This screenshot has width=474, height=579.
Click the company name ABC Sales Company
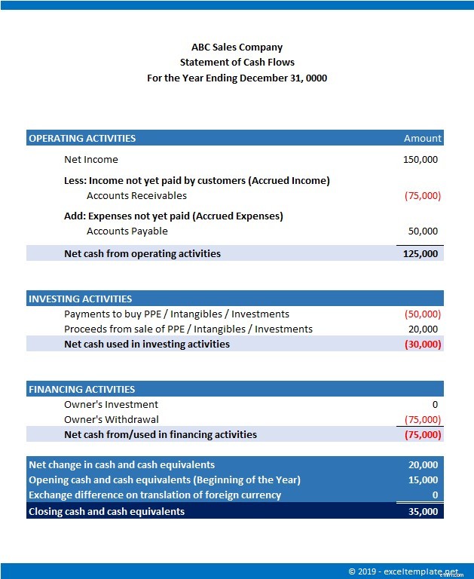pos(237,47)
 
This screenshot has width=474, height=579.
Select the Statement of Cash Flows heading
pos(237,63)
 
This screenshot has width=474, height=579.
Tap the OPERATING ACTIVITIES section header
pos(82,138)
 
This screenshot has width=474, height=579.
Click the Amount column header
pos(422,138)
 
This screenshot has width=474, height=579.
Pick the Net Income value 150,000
pos(420,159)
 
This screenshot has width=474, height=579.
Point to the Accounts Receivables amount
pos(422,195)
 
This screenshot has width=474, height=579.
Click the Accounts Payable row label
pos(127,231)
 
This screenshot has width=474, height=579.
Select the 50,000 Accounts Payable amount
pos(423,231)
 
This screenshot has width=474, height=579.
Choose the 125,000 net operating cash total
pos(420,253)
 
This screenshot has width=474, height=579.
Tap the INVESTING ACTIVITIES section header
pos(80,299)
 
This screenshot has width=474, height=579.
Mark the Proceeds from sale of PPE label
pos(188,329)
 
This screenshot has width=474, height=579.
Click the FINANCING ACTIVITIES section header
pos(81,389)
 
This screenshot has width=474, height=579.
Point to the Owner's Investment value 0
pos(435,404)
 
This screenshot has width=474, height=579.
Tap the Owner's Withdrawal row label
pos(111,419)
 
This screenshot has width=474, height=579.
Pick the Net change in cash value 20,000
pos(423,464)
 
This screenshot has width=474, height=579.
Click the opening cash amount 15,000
pos(423,479)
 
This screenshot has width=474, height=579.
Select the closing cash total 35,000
pos(423,511)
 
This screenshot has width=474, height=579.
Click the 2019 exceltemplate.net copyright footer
pos(402,571)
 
